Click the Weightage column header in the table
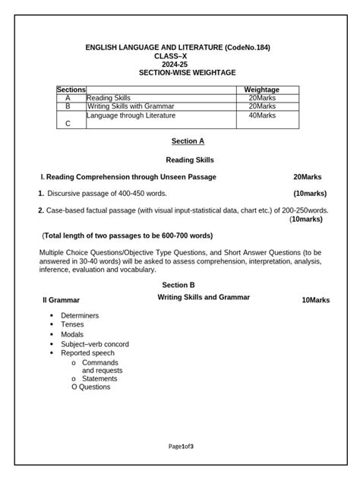click(261, 90)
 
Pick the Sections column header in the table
click(71, 90)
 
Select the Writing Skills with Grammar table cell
click(130, 106)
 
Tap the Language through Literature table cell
click(131, 115)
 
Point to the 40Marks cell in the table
click(261, 115)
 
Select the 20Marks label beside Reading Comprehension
click(311, 177)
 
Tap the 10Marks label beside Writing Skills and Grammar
click(315, 301)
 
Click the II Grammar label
click(61, 301)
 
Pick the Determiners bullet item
click(80, 315)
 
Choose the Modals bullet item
click(73, 334)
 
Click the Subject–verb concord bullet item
click(95, 344)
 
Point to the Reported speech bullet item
click(87, 353)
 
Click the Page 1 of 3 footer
click(182, 446)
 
